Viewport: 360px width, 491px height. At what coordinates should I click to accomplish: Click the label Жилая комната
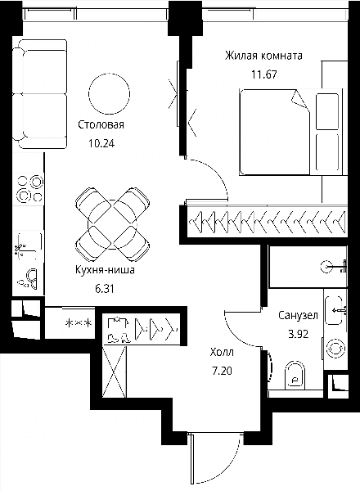(x=263, y=56)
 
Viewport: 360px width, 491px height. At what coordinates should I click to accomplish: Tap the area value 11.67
(x=264, y=74)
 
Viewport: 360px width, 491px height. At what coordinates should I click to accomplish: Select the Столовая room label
(x=101, y=124)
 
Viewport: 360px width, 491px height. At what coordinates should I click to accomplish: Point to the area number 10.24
(x=101, y=144)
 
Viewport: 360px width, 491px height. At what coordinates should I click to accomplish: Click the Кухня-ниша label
(x=105, y=269)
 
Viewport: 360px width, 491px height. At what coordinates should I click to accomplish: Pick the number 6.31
(x=105, y=289)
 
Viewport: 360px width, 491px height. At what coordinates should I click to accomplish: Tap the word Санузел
(x=298, y=315)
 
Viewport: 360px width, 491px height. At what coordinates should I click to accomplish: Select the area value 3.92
(x=299, y=334)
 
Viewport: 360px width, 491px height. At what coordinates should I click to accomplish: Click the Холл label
(x=222, y=352)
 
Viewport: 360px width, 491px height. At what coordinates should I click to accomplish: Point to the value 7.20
(x=222, y=372)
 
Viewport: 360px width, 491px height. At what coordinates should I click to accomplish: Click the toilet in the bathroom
(x=295, y=376)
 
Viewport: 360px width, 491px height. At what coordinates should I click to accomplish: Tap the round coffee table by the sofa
(x=110, y=93)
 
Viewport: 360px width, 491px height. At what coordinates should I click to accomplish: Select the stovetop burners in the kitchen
(x=29, y=188)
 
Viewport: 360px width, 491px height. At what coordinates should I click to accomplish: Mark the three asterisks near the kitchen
(x=79, y=323)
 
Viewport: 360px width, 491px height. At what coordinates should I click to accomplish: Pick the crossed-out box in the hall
(x=115, y=372)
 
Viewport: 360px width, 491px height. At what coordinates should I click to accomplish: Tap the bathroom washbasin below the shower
(x=334, y=310)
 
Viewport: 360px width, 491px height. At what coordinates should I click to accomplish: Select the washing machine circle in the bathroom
(x=335, y=349)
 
